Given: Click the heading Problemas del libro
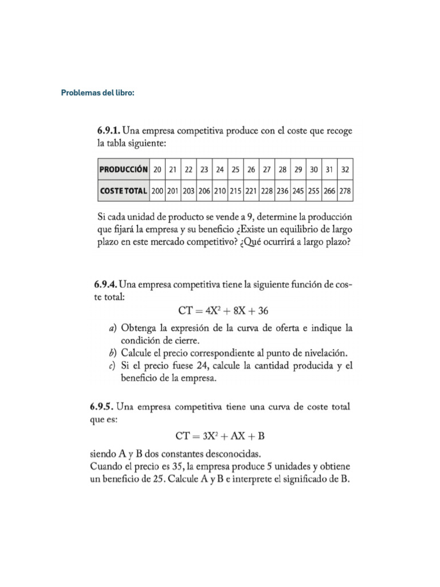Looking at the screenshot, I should click(x=98, y=93).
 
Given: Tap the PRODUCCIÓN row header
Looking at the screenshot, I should click(x=123, y=170).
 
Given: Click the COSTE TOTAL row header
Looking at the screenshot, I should click(x=123, y=190).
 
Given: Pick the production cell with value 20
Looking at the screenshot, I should click(x=157, y=170).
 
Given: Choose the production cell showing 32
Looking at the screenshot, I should click(x=345, y=170).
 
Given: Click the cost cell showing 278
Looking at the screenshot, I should click(x=345, y=190).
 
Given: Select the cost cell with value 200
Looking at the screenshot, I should click(x=157, y=190).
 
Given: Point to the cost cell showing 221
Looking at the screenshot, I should click(x=251, y=190).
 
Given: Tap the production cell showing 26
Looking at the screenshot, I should click(x=251, y=170).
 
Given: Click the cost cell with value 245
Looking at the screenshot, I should click(x=298, y=190).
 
